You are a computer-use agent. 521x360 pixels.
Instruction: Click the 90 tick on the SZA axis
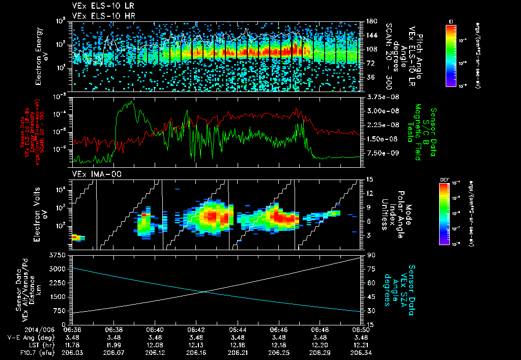click(x=371, y=255)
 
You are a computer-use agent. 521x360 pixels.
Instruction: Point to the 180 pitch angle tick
click(x=371, y=21)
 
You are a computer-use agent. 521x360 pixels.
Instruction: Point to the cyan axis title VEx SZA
click(x=405, y=285)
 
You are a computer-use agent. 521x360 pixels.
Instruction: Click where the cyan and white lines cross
click(x=205, y=291)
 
